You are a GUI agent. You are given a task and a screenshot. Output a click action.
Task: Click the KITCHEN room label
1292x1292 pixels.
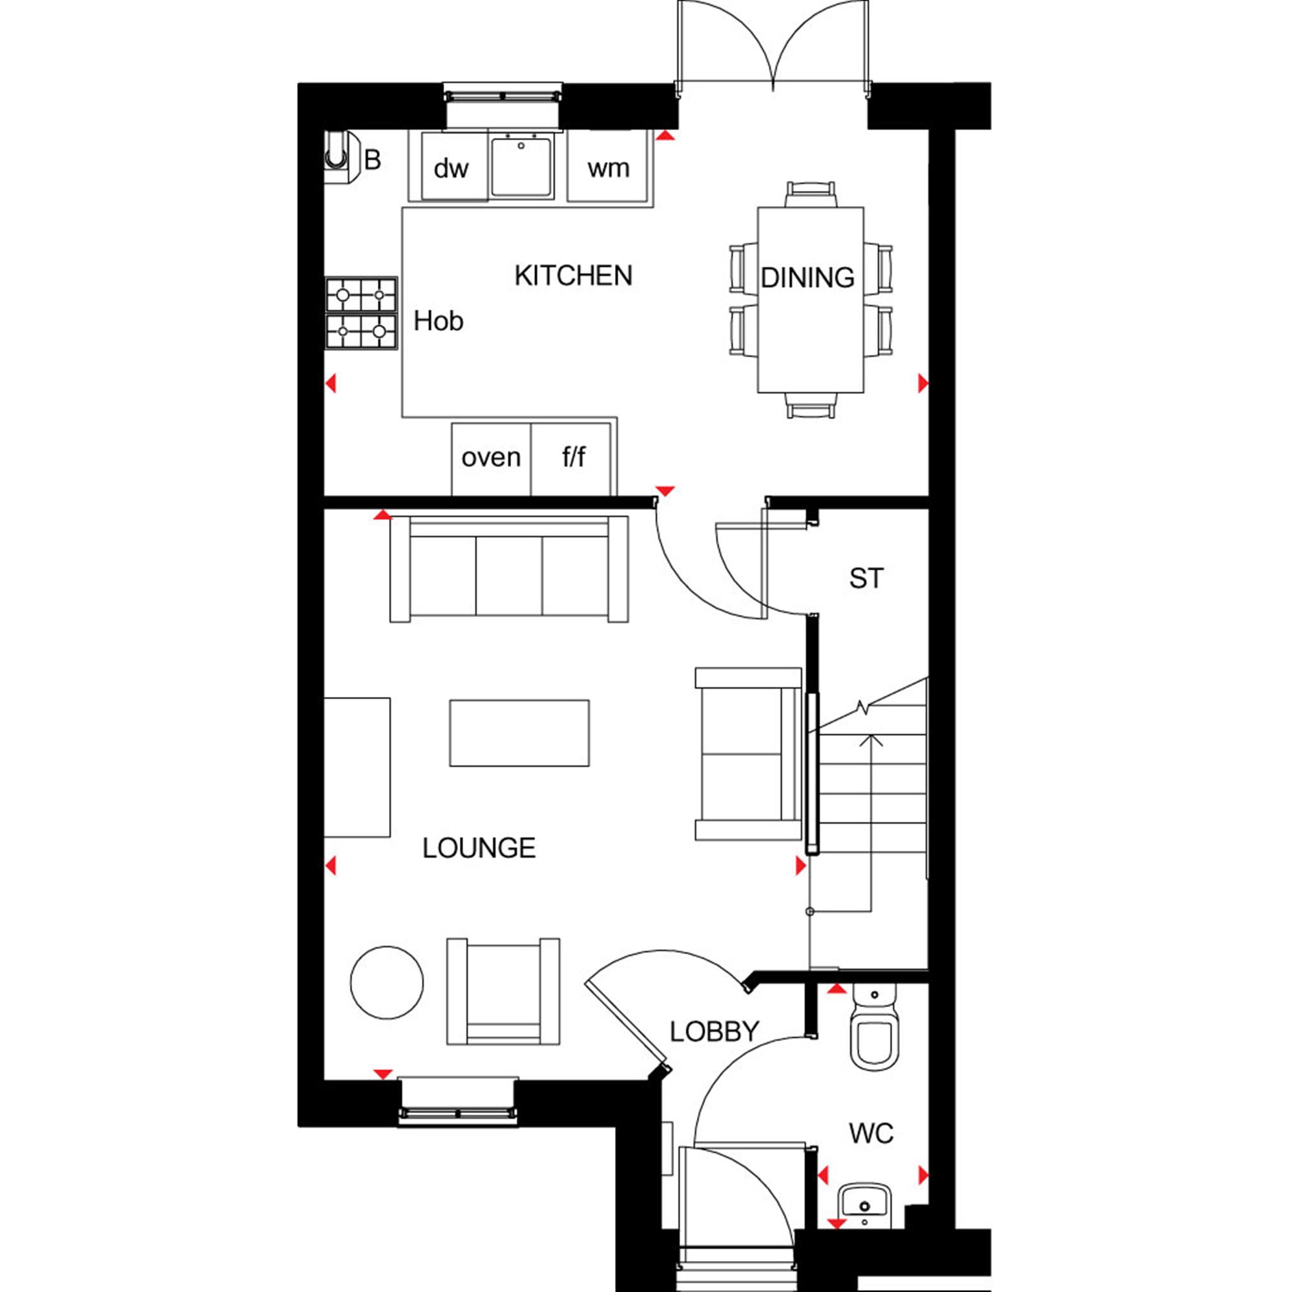pos(573,276)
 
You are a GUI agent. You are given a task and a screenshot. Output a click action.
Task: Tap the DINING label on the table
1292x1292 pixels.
pos(808,278)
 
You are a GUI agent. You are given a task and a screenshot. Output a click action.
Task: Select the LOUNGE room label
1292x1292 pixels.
pos(479,848)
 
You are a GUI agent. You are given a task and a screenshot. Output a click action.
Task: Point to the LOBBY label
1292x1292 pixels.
pos(714,1031)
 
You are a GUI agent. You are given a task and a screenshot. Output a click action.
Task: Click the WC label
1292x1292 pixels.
pos(871,1133)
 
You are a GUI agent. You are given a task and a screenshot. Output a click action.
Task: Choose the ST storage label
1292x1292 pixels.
pos(866,578)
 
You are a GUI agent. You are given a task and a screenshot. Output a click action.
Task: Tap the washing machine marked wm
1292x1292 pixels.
pos(608,167)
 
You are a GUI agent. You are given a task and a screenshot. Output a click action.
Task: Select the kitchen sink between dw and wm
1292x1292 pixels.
pos(521,167)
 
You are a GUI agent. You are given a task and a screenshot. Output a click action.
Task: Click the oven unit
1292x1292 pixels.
pos(491,459)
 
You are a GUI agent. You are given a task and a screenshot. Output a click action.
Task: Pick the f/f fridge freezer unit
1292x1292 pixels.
pos(571,459)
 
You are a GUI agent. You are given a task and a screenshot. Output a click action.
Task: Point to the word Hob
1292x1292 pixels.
pos(438,321)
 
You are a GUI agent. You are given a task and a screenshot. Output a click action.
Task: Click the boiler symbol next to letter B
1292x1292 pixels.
pos(342,157)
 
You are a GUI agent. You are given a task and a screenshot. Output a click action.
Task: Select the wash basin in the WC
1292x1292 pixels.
pos(865,1204)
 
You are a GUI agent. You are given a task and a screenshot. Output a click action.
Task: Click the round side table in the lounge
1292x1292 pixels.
pos(386,983)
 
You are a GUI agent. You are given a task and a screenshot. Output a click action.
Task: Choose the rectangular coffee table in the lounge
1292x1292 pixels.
pos(519,733)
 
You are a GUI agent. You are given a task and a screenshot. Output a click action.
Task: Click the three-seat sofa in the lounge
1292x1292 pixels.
pos(509,569)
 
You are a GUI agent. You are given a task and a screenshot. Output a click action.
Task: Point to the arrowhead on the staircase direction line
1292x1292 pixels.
pos(870,740)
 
